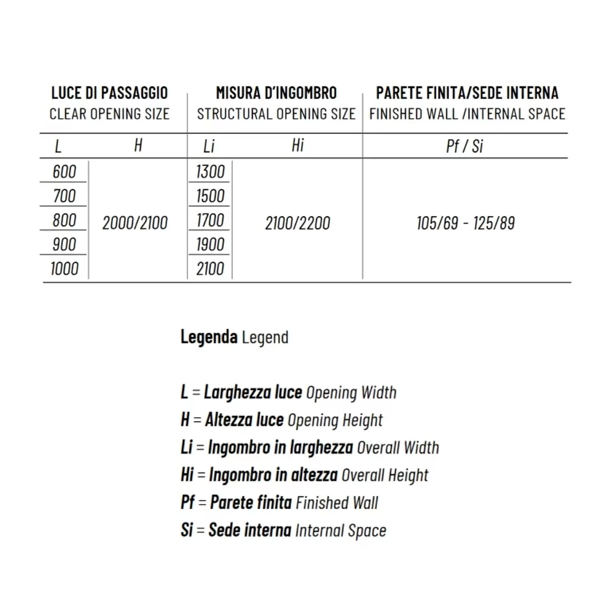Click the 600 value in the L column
pyautogui.click(x=64, y=171)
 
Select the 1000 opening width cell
pyautogui.click(x=64, y=269)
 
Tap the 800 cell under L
pyautogui.click(x=64, y=220)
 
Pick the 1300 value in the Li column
pyautogui.click(x=210, y=171)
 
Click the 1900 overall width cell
pyautogui.click(x=210, y=245)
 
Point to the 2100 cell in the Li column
pyautogui.click(x=210, y=269)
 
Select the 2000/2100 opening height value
pyautogui.click(x=135, y=223)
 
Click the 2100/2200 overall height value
pyautogui.click(x=297, y=223)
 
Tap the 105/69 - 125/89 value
pyautogui.click(x=466, y=223)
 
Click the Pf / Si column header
pyautogui.click(x=465, y=146)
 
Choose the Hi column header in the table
pyautogui.click(x=298, y=145)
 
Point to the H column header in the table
pyautogui.click(x=138, y=145)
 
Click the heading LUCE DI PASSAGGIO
pyautogui.click(x=109, y=93)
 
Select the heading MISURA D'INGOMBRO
pyautogui.click(x=276, y=93)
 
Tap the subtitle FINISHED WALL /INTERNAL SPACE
pyautogui.click(x=467, y=114)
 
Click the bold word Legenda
pyautogui.click(x=209, y=337)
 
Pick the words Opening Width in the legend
pyautogui.click(x=351, y=393)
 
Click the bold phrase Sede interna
pyautogui.click(x=250, y=530)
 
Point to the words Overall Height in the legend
pyautogui.click(x=385, y=475)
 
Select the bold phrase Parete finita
pyautogui.click(x=251, y=502)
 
